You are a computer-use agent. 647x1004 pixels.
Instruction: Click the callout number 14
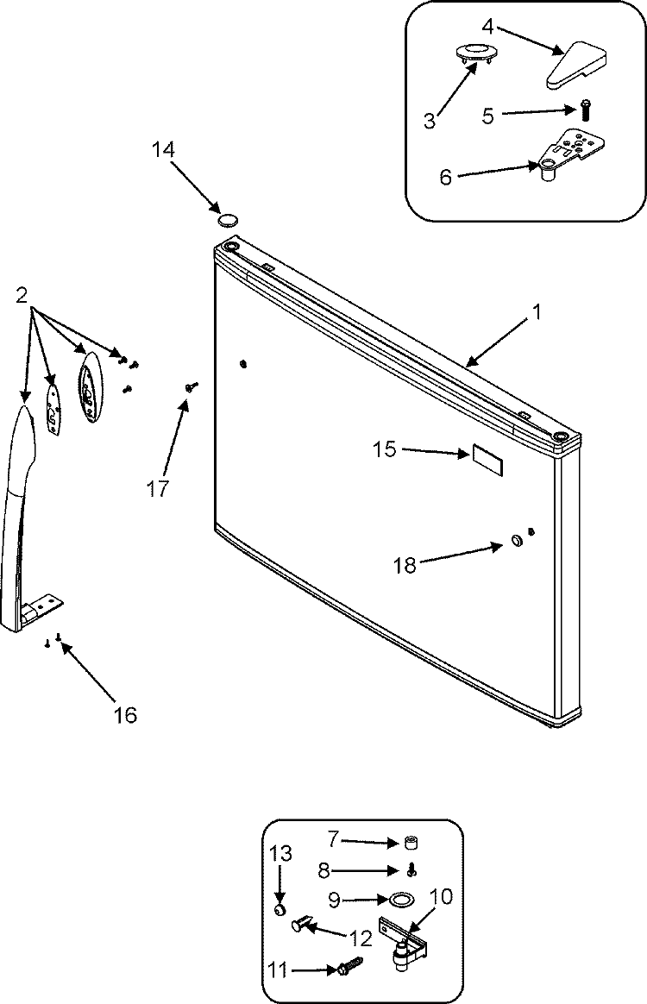click(x=162, y=149)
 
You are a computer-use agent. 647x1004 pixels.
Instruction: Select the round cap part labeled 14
click(x=229, y=221)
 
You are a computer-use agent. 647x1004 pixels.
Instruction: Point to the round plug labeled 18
click(x=515, y=542)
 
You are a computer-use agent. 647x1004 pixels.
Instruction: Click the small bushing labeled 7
click(x=412, y=842)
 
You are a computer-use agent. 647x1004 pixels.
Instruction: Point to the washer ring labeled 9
click(x=400, y=900)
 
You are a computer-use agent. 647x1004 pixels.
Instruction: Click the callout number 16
click(x=124, y=714)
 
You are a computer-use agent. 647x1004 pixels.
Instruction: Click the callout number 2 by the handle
click(x=21, y=295)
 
